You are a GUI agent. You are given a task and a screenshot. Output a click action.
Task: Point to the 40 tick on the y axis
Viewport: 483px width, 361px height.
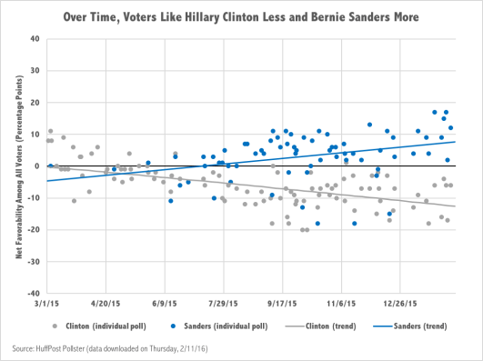34,39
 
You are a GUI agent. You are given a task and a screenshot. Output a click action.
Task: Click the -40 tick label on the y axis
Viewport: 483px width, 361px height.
32,294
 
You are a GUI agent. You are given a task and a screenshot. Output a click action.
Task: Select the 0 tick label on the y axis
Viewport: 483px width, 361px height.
36,166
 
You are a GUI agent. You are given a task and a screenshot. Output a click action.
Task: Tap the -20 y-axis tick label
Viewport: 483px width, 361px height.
32,230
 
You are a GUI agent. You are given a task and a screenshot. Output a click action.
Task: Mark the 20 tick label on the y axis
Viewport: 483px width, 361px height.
34,103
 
